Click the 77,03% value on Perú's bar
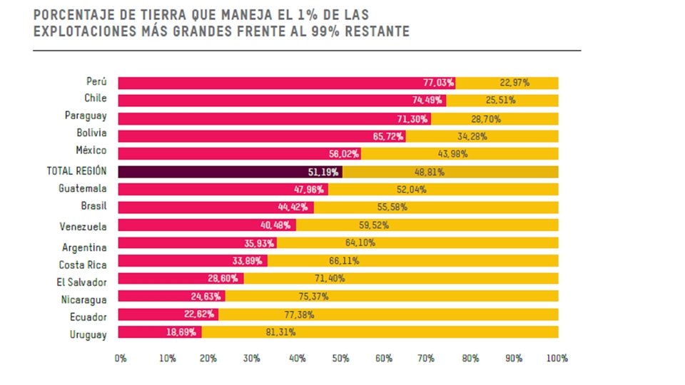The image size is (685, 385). [x=437, y=83]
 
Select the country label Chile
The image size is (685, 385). [x=95, y=98]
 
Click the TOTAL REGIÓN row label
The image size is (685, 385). [x=76, y=171]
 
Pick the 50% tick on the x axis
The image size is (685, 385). [x=340, y=358]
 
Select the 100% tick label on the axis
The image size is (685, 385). [x=557, y=358]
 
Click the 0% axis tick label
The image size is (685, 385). [x=120, y=358]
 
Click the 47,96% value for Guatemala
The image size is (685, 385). [x=310, y=190]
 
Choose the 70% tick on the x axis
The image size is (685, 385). [x=426, y=358]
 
